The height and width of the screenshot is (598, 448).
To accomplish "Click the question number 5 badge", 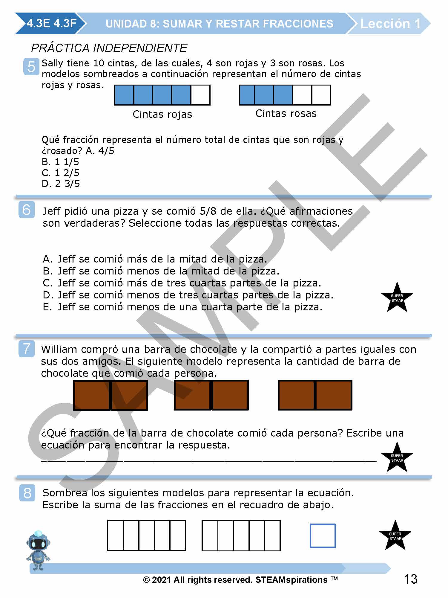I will click(31, 66).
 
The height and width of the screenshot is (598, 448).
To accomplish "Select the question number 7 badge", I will click(27, 349).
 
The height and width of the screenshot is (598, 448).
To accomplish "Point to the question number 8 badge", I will click(27, 493).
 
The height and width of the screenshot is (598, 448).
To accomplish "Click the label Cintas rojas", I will click(162, 114).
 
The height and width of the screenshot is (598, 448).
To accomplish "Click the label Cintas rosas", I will click(286, 114).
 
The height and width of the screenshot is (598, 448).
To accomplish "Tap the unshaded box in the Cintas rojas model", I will click(200, 95).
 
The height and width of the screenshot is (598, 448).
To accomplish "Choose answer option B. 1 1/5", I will click(60, 162).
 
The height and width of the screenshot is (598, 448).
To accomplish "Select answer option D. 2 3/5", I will click(61, 184).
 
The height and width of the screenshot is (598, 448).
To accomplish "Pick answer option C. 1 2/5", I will click(60, 173).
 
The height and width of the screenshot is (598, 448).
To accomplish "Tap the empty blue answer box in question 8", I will click(323, 536).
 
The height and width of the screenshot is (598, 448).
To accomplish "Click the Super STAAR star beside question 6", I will click(397, 298).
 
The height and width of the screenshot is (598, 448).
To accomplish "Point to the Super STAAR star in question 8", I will click(395, 536).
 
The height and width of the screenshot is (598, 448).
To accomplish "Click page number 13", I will click(410, 579).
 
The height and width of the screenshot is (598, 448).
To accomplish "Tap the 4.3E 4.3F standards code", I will click(51, 23).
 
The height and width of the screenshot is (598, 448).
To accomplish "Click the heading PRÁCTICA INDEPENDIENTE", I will click(109, 48).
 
